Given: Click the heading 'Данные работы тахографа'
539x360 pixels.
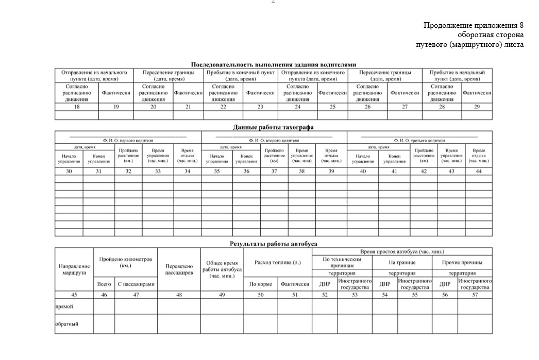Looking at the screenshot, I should point(274,127).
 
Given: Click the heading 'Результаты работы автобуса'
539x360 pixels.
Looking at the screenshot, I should point(274,244).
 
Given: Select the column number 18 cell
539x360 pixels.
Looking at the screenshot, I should point(77,107).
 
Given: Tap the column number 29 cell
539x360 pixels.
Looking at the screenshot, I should point(477,107).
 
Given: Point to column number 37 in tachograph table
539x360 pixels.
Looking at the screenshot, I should point(274,172).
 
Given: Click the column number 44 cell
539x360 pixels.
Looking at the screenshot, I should point(479,172).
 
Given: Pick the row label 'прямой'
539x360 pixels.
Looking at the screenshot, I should point(64,306).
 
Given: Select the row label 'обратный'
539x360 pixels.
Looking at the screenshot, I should point(67,324).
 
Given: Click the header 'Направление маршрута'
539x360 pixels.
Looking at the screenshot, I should point(74,269).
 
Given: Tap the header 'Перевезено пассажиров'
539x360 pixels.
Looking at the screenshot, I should point(179,269).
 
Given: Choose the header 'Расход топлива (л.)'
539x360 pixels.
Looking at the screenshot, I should point(278,263).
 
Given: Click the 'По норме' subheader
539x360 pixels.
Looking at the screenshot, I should point(261,284).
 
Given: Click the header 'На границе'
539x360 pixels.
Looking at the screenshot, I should point(402,263).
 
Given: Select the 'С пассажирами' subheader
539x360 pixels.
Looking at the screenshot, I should point(136,284).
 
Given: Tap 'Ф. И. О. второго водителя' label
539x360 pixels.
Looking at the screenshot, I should point(274,140).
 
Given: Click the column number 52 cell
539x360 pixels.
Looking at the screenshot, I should point(325,295).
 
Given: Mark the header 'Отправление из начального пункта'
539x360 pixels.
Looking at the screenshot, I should point(94,76).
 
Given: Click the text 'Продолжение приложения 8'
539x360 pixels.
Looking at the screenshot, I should point(474,25).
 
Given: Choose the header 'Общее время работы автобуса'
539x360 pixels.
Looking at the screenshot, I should point(222,269).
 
